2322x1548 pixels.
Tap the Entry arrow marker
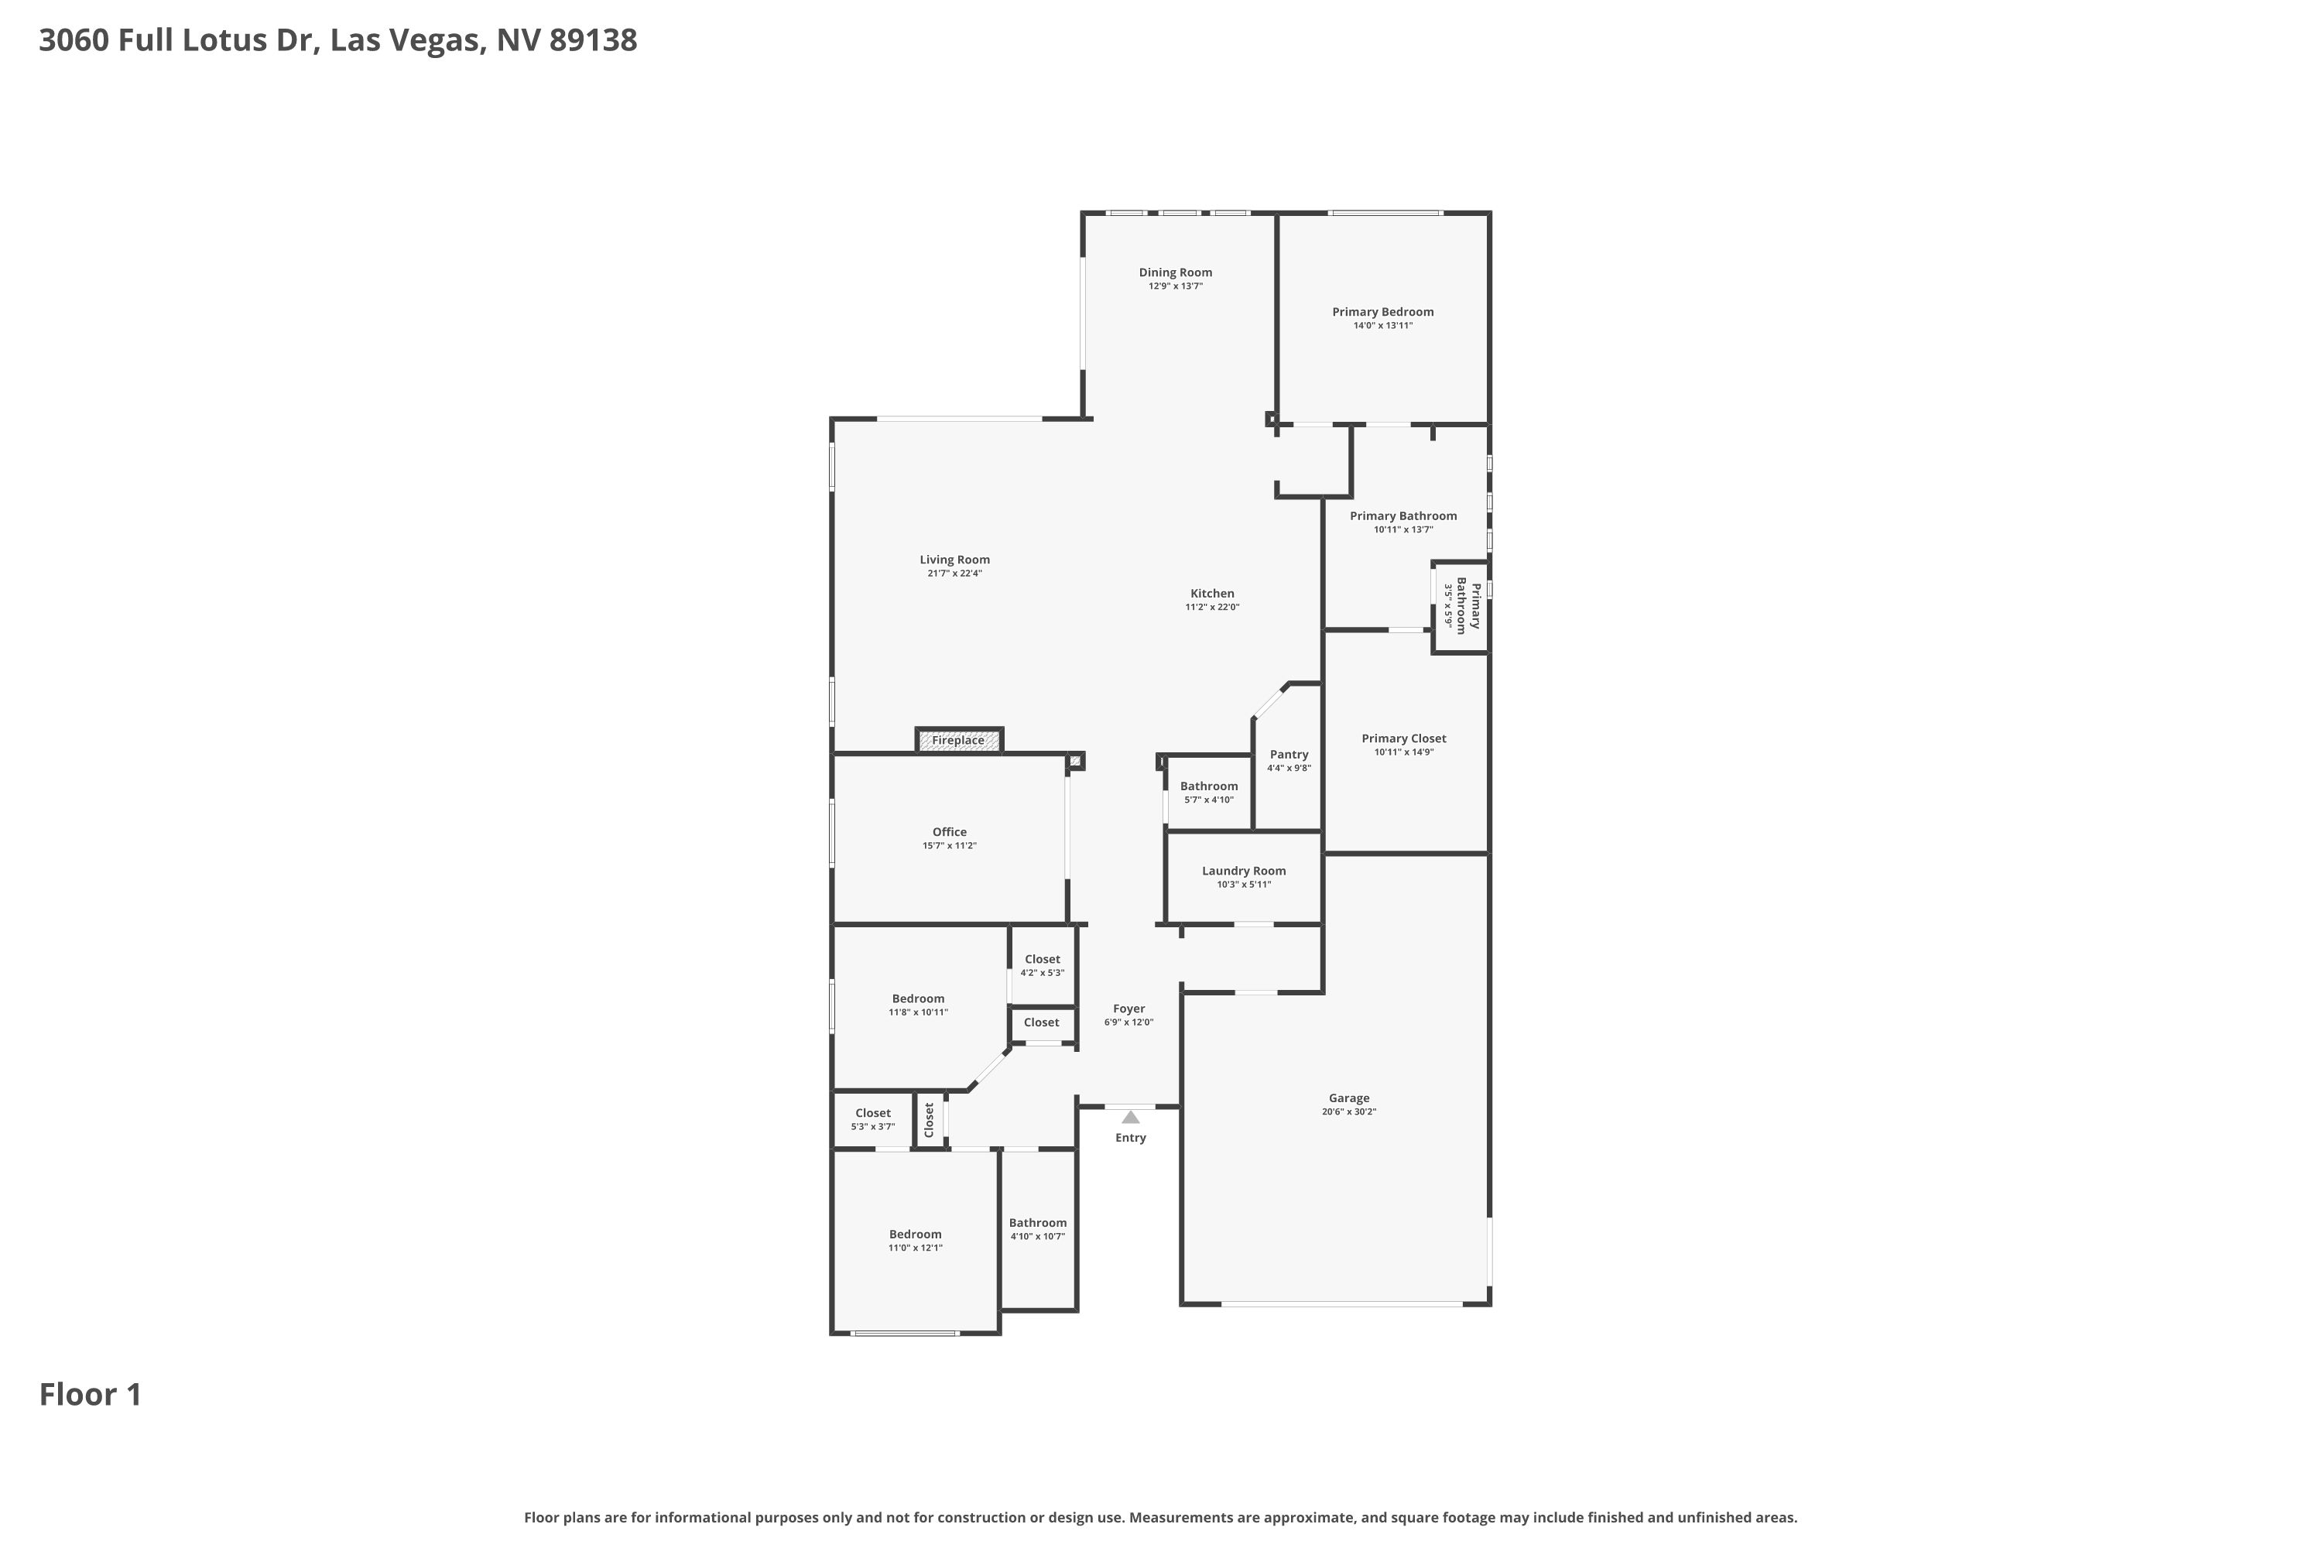click(1130, 1118)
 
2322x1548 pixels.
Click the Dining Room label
click(1175, 272)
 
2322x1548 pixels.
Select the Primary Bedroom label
click(1382, 312)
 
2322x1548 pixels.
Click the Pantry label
click(1289, 754)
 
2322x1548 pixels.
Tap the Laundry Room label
click(1244, 871)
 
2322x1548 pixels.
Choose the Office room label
click(950, 832)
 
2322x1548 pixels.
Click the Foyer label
click(1128, 1009)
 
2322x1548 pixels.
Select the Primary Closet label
click(1404, 738)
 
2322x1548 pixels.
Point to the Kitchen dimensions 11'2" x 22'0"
click(1212, 607)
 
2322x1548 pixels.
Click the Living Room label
click(954, 560)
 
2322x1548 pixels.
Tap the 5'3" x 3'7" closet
click(873, 1119)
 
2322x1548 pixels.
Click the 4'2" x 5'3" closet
click(1043, 964)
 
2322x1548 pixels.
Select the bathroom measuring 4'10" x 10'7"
click(1038, 1229)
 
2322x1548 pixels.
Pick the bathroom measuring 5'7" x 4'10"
click(1208, 792)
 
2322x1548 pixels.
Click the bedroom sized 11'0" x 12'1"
click(915, 1240)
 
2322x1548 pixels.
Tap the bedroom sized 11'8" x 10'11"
click(918, 1004)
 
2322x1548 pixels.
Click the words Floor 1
click(91, 1395)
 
